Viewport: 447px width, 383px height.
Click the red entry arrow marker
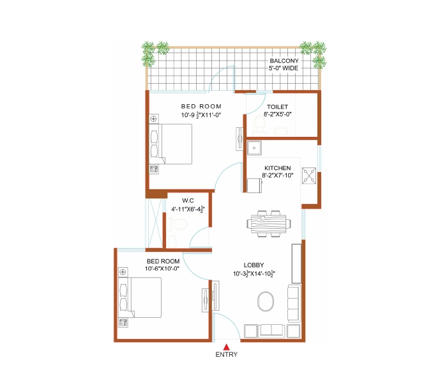(226, 347)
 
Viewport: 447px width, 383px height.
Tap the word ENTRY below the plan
(226, 354)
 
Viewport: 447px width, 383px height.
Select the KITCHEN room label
(277, 168)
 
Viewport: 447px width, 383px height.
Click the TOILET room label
(277, 107)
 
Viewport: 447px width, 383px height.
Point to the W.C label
(188, 201)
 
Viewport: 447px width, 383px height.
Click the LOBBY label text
(254, 265)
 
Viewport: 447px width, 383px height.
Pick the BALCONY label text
(284, 61)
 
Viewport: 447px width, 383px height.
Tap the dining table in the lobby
(269, 224)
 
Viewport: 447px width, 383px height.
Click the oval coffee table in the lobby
(266, 301)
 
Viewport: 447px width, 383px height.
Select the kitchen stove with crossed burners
(309, 176)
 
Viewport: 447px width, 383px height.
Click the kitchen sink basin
(254, 148)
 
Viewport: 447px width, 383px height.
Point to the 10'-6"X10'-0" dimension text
(162, 269)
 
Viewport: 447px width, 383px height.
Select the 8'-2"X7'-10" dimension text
(277, 176)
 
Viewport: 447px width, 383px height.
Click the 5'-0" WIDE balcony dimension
(284, 68)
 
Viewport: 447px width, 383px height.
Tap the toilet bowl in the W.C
(177, 224)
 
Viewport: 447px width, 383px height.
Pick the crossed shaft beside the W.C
(155, 223)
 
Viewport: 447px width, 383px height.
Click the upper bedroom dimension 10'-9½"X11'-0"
(201, 114)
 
